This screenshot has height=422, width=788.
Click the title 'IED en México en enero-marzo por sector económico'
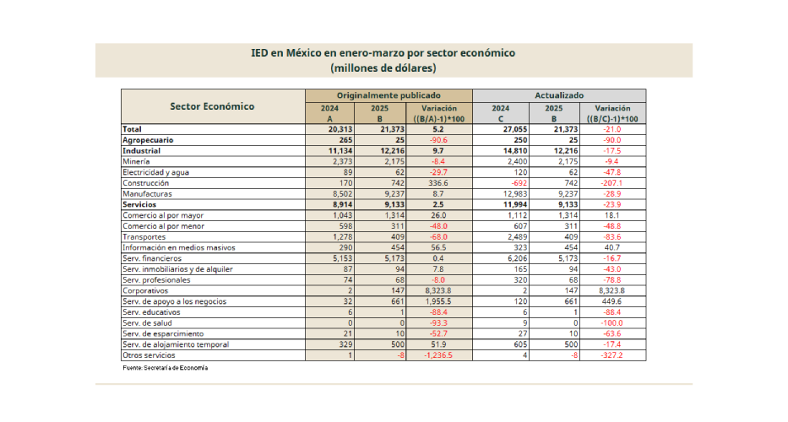[x=383, y=52]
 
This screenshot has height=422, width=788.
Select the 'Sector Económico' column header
[x=212, y=106]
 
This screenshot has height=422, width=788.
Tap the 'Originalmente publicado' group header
[x=389, y=95]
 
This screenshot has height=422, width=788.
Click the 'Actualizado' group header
[x=559, y=95]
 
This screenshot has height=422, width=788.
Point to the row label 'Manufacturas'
[x=147, y=194]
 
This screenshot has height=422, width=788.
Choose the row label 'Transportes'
[x=144, y=237]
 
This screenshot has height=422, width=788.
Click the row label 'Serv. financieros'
[x=152, y=258]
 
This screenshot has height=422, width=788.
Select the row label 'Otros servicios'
[x=149, y=355]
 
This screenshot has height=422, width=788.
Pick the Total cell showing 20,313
[x=340, y=129]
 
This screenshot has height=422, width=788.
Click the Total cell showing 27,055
[x=514, y=129]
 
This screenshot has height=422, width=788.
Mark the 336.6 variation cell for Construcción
[x=438, y=183]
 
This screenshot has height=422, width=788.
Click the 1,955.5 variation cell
[x=438, y=301]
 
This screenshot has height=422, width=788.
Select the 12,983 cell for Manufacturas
[x=515, y=194]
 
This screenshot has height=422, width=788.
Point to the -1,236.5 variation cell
[x=438, y=355]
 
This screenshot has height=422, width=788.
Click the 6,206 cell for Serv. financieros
[x=517, y=258]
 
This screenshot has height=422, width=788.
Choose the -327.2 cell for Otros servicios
[x=612, y=355]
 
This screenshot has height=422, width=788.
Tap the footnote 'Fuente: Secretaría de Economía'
[x=165, y=368]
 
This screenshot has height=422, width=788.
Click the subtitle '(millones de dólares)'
[x=383, y=68]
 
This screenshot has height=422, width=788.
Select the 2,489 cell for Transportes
[x=517, y=237]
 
